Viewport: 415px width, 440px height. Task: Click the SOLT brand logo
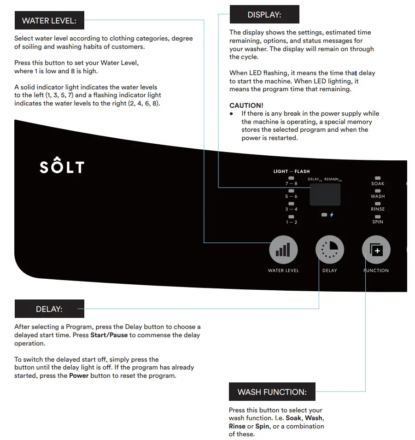[62, 166]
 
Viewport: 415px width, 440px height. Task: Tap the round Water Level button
[283, 250]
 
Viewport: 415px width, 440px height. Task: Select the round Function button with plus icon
[376, 250]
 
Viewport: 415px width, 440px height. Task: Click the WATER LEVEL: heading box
[49, 21]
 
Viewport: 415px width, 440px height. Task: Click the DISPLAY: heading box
[264, 15]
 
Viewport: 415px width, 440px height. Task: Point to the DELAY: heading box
[49, 309]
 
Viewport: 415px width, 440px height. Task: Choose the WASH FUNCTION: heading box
[272, 392]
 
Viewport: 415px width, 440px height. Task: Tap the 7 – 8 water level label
[291, 183]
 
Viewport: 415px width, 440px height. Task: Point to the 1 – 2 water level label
[291, 222]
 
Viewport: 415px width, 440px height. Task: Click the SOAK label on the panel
[378, 183]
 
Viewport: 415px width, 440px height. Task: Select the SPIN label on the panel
[378, 222]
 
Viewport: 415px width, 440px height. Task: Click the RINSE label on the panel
[378, 209]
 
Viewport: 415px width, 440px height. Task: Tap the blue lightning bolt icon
[332, 215]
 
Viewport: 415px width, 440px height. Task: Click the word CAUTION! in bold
[246, 106]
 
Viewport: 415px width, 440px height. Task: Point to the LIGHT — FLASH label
[292, 171]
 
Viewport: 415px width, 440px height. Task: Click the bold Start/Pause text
[109, 335]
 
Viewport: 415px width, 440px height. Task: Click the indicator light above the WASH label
[378, 190]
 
